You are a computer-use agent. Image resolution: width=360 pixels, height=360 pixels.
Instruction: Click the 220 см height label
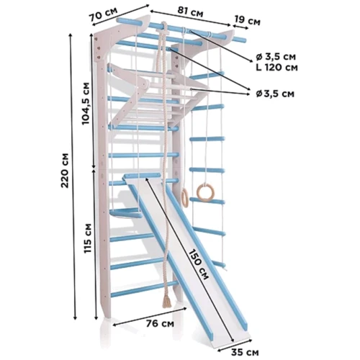pos(65,170)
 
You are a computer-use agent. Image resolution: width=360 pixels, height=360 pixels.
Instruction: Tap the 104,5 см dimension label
pos(86,104)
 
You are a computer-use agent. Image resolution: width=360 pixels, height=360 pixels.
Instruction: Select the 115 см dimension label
pos(88,238)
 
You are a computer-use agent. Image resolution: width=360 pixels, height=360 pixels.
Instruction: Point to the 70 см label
pos(104,14)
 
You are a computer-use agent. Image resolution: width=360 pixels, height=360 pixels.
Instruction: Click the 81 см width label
pos(190,12)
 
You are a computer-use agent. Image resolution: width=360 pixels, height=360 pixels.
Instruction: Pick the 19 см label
pos(248,20)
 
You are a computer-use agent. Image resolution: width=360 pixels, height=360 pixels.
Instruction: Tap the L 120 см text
pos(276,68)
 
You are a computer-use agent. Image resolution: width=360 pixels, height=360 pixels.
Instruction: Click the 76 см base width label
pos(160,323)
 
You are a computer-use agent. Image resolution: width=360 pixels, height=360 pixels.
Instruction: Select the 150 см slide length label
pos(198,264)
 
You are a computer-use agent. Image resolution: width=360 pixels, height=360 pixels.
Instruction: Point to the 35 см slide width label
pos(245,352)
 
